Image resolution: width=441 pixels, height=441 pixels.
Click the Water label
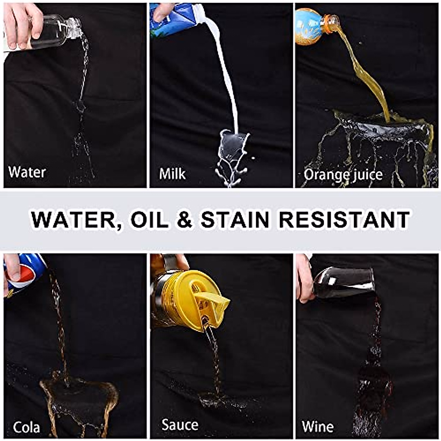tap(27, 172)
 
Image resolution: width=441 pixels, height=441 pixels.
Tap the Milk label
tap(172, 174)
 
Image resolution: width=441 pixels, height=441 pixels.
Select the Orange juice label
tap(343, 175)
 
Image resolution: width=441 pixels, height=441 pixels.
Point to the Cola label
tap(26, 427)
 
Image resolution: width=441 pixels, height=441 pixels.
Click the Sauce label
tap(180, 425)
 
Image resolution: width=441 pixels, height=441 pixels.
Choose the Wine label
tap(318, 427)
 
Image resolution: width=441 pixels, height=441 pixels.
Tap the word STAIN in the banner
tap(236, 220)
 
